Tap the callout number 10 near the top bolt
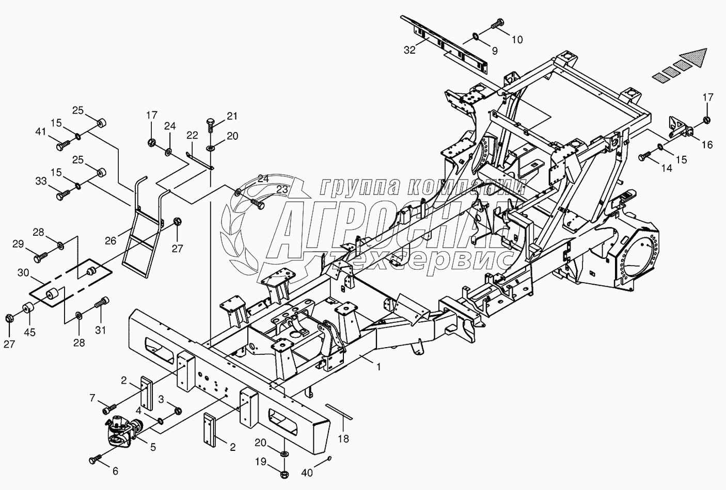point(517,39)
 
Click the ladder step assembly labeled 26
point(142,227)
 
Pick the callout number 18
point(343,439)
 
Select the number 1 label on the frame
point(379,367)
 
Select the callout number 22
point(192,136)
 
